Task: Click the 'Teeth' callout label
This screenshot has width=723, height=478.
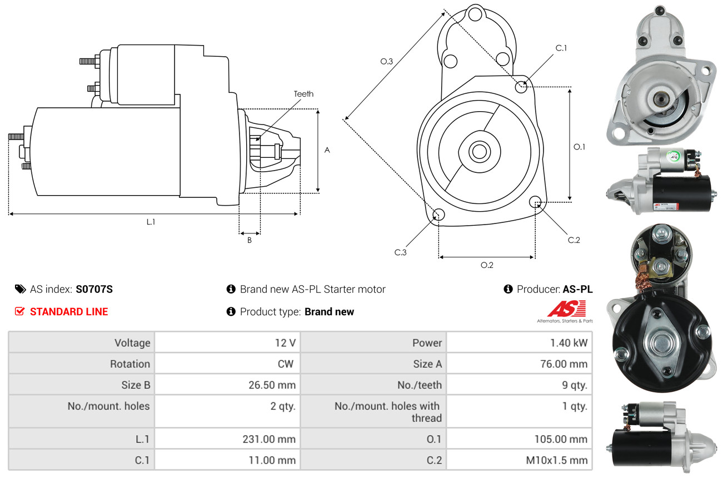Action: coord(303,94)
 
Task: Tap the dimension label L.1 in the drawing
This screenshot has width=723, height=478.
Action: coord(151,222)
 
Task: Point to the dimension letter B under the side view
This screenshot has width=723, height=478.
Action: coord(250,240)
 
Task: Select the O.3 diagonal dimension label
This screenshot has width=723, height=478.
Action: coord(387,62)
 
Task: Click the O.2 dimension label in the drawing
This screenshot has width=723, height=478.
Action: coord(487,265)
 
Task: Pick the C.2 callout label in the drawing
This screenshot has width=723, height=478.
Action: coord(574,240)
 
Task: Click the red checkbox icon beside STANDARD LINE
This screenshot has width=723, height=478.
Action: coord(19,311)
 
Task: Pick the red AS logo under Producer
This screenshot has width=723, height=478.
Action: coord(566,308)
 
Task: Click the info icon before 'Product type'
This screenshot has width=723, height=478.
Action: coord(231,311)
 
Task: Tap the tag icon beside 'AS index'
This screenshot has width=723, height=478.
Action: coord(20,289)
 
